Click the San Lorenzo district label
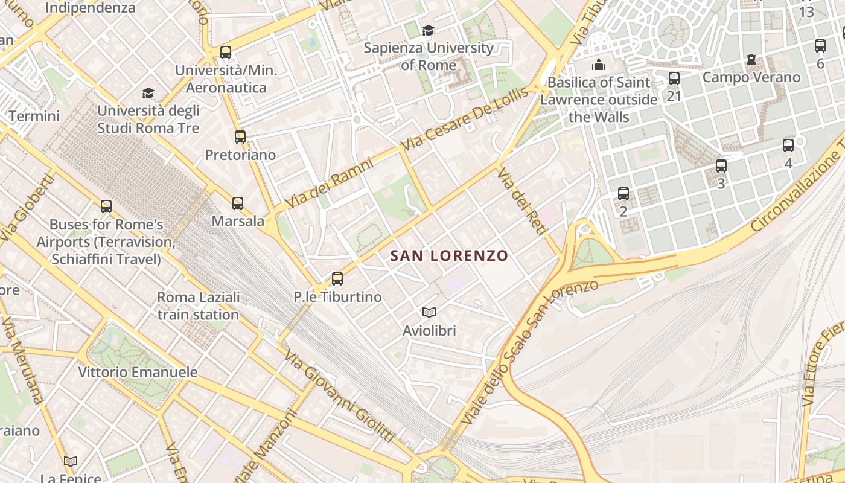pos(449,256)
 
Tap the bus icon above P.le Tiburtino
pos(337,279)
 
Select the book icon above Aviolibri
pos(429,312)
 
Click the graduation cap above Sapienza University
pos(428,30)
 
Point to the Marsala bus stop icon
pos(238,203)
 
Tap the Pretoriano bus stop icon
pos(240,136)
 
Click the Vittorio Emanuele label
pos(138,372)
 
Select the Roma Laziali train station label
pos(198,306)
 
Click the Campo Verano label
pos(751,77)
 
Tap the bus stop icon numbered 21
pos(674,78)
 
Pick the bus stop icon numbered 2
pos(623,194)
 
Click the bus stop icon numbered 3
pos(721,166)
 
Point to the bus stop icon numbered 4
pos(788,146)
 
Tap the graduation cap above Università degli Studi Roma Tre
pos(148,93)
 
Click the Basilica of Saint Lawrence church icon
pos(599,64)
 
